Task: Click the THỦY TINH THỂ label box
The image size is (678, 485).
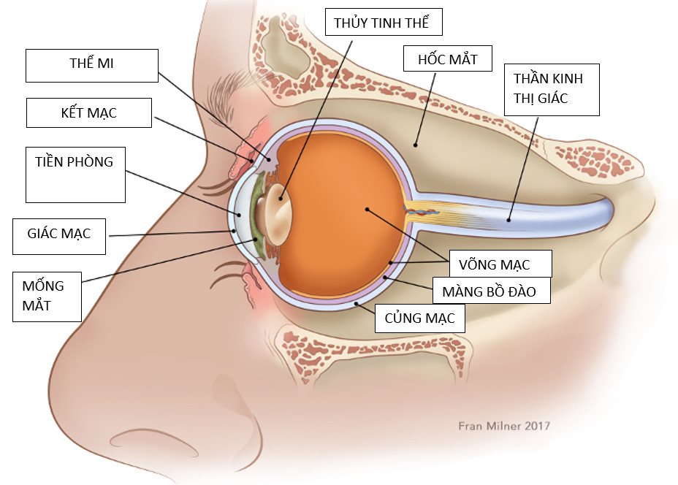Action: [x=384, y=23]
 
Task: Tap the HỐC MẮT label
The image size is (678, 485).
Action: [x=448, y=58]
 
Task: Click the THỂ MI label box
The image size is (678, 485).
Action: [x=92, y=66]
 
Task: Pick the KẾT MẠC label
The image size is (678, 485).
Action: [x=89, y=113]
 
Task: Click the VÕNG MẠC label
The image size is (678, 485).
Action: [x=500, y=263]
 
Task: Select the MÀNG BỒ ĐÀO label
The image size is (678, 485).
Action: [x=490, y=291]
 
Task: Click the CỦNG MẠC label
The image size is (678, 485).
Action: [x=419, y=318]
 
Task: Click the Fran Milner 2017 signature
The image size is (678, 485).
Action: [x=503, y=426]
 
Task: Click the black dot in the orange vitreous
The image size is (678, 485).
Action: [x=367, y=210]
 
